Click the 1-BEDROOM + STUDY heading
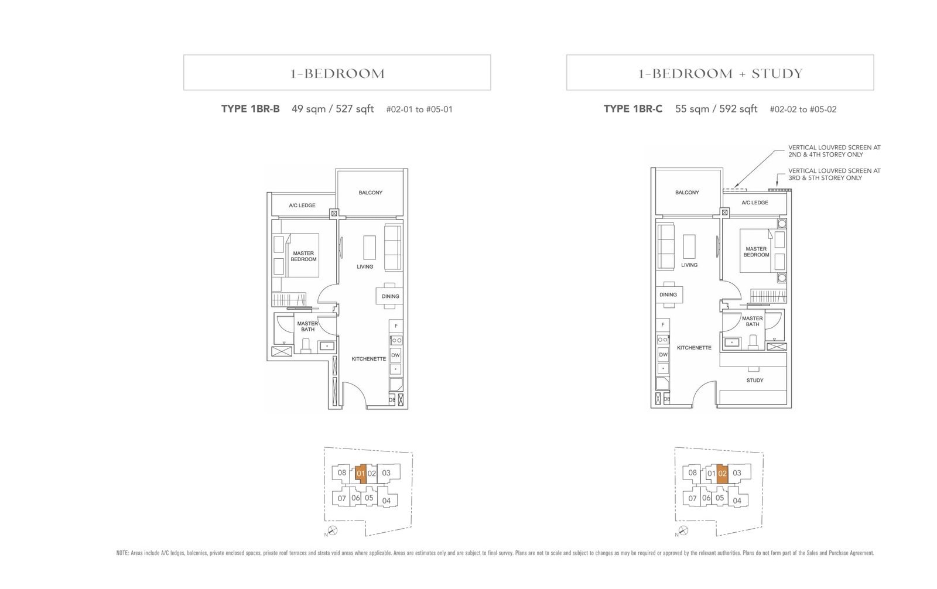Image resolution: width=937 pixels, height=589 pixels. coord(720,73)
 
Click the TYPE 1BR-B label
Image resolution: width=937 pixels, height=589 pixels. coord(250,109)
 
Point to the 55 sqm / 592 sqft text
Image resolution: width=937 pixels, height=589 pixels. coord(716,109)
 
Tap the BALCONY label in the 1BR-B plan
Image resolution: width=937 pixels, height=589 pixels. coord(370,193)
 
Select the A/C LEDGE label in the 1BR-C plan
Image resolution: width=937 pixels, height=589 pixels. coord(754,203)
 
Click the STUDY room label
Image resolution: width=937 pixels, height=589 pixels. coord(754,381)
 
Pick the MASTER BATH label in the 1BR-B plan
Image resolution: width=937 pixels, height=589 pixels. coord(307,326)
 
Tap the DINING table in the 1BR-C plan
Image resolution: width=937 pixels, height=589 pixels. coord(668,295)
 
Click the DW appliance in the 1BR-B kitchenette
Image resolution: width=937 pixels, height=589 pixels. coord(395,355)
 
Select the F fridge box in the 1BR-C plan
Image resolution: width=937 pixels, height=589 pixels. coord(663,324)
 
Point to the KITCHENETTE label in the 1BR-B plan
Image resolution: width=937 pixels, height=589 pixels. coord(368,359)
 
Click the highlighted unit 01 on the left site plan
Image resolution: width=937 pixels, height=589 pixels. coord(361,474)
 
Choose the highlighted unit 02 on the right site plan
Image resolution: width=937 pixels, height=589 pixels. coord(722,474)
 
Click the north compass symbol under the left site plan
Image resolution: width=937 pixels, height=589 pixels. coord(333,530)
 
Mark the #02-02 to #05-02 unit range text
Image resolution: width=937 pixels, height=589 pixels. coord(803,109)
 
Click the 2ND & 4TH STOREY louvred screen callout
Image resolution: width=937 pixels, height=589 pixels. coord(834,151)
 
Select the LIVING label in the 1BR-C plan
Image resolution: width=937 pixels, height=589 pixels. coord(689,265)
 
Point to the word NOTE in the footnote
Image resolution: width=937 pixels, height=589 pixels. coord(122,553)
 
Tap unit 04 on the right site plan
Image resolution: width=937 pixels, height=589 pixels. coord(737,501)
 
